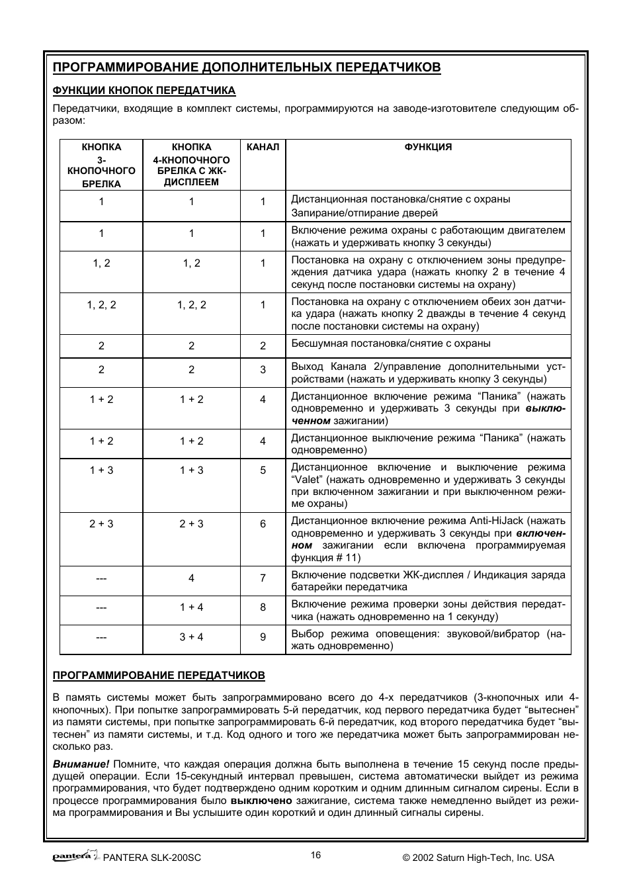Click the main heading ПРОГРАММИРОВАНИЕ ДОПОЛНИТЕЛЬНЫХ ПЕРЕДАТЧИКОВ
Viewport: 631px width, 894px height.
pyautogui.click(x=246, y=67)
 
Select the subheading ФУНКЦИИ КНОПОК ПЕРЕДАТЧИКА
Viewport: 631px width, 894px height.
pyautogui.click(x=144, y=91)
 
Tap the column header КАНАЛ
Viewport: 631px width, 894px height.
pyautogui.click(x=263, y=147)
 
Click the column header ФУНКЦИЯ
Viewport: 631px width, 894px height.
pyautogui.click(x=428, y=147)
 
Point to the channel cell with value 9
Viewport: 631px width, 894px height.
pyautogui.click(x=263, y=637)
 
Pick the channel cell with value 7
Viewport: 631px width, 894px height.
pyautogui.click(x=263, y=578)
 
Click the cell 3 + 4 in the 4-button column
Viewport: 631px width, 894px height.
pyautogui.click(x=191, y=637)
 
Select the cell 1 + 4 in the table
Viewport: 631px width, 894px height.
pyautogui.click(x=191, y=607)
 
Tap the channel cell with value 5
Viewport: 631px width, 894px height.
pyautogui.click(x=263, y=470)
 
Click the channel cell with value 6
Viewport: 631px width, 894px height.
pyautogui.click(x=263, y=523)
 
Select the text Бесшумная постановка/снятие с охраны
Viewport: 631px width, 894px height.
pyautogui.click(x=391, y=343)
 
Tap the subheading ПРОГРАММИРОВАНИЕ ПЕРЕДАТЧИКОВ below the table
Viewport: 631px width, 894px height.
pyautogui.click(x=159, y=676)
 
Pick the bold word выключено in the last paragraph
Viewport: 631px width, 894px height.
pyautogui.click(x=261, y=801)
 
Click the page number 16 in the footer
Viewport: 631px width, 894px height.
pyautogui.click(x=315, y=855)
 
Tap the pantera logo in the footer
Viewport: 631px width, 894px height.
pyautogui.click(x=74, y=856)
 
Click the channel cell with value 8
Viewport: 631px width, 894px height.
pyautogui.click(x=263, y=607)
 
